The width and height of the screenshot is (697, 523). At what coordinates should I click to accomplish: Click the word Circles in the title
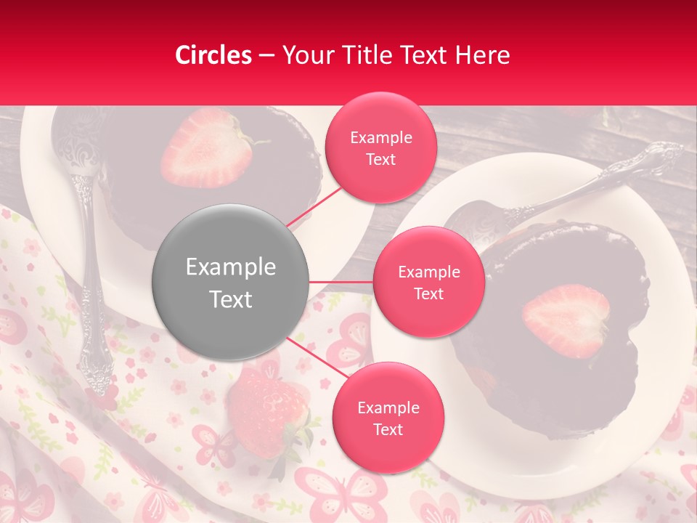(x=213, y=55)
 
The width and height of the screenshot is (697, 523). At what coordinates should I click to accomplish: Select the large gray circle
(x=231, y=282)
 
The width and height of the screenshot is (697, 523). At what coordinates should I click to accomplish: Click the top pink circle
(x=380, y=147)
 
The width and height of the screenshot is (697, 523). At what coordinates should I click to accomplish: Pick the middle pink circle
(x=428, y=282)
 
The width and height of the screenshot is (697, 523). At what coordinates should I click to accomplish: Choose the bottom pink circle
(x=388, y=418)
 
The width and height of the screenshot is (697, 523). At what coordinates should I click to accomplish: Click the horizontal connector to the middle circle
(x=341, y=282)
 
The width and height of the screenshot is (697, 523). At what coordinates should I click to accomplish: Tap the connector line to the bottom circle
(x=312, y=356)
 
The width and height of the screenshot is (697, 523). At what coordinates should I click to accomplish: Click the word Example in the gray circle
(x=231, y=267)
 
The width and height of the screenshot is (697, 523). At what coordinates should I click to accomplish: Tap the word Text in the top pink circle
(x=380, y=160)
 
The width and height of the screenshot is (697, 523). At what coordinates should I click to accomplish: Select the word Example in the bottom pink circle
(x=388, y=408)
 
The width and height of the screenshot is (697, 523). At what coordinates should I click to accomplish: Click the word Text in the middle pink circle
(x=428, y=294)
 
